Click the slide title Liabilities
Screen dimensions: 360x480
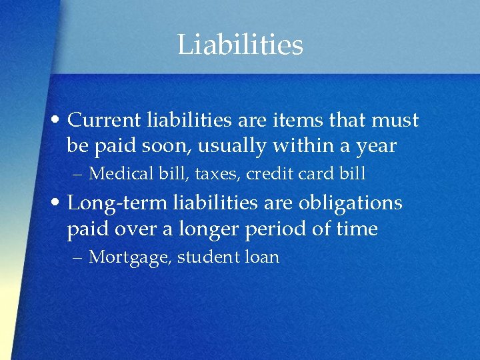(240, 45)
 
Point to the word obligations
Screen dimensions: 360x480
(353, 203)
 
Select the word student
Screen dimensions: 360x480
(207, 257)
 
